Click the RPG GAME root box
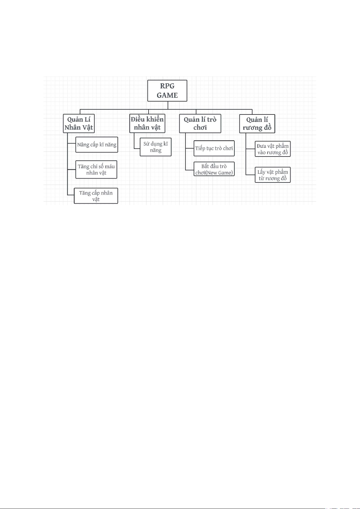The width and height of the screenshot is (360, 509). click(167, 91)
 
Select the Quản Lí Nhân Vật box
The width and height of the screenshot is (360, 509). click(79, 123)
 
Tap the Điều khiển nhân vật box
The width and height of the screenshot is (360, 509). click(147, 123)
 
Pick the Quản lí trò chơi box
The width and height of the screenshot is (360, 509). click(200, 123)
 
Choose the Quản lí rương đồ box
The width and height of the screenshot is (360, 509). click(257, 124)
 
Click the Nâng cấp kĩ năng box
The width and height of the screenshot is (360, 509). click(97, 144)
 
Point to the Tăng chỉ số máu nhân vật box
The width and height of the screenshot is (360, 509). click(96, 169)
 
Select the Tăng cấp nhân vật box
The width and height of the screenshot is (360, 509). click(96, 196)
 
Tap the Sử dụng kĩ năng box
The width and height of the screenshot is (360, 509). click(156, 147)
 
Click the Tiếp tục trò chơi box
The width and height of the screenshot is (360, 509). click(214, 148)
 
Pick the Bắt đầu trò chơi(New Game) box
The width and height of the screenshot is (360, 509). click(214, 169)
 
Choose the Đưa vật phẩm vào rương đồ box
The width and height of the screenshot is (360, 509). click(272, 149)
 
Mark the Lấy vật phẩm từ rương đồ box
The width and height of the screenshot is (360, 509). click(272, 175)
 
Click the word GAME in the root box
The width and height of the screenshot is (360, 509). click(167, 95)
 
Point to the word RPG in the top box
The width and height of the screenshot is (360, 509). click(167, 86)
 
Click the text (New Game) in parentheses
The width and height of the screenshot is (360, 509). click(219, 173)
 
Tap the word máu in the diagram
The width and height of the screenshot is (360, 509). click(110, 166)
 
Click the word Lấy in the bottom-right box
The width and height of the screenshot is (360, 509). click(261, 172)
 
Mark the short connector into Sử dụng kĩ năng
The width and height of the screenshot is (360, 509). click(137, 149)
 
